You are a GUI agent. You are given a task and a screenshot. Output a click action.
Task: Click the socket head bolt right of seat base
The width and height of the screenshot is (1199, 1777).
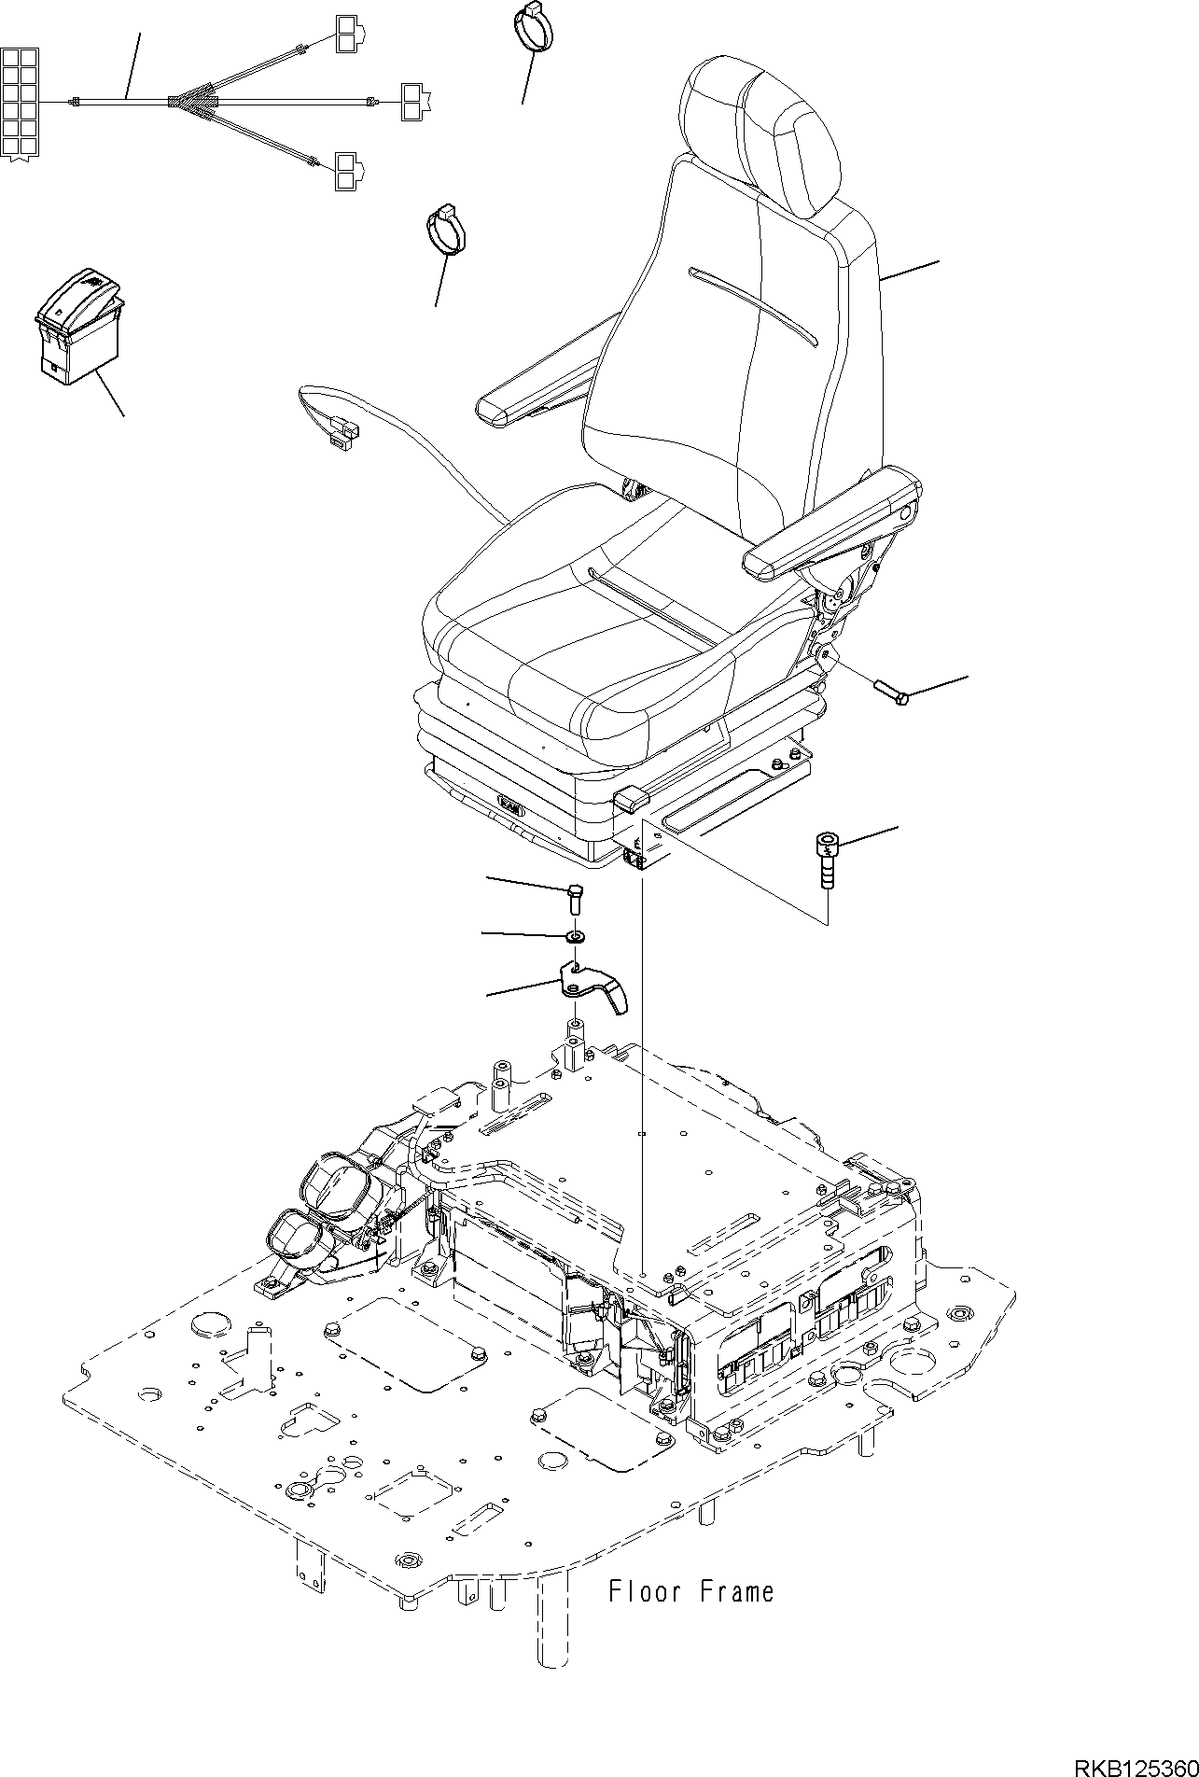826,860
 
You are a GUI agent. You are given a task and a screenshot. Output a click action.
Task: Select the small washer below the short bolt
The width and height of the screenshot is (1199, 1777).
576,935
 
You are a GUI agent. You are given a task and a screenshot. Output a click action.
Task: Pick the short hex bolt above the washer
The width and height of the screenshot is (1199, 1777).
575,900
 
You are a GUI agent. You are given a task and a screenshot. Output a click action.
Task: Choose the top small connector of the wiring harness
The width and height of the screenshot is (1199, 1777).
346,35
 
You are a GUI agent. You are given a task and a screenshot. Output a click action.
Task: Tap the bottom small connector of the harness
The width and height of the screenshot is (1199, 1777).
346,172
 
